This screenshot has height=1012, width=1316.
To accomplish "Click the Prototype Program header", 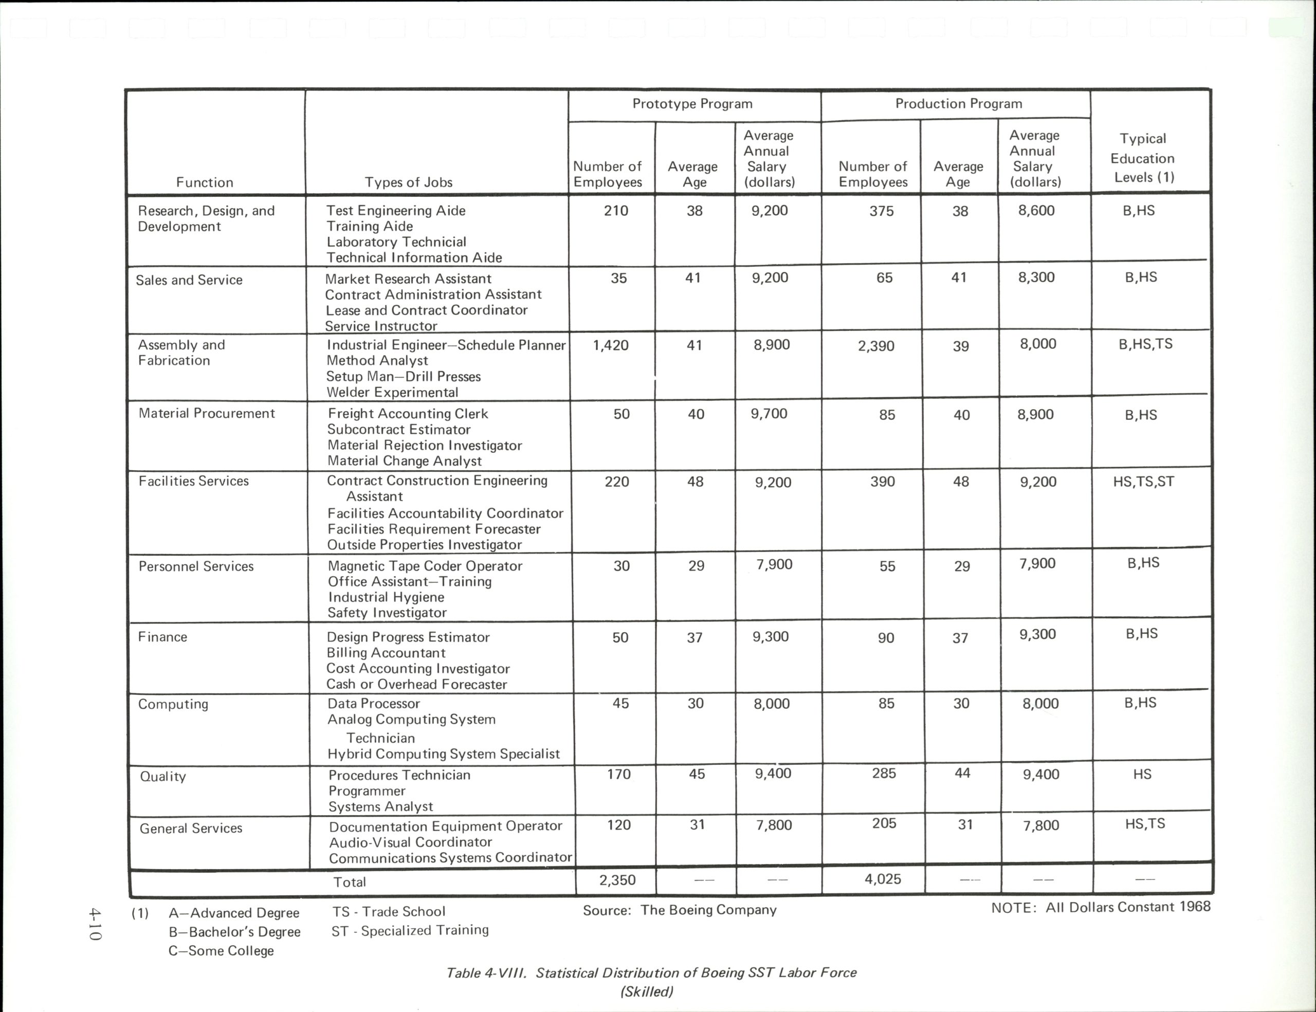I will (x=692, y=104).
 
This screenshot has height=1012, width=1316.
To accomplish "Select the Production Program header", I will (x=958, y=104).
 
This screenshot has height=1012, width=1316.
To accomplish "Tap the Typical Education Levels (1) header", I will (x=1143, y=158).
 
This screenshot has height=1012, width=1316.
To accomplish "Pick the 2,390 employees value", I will (x=875, y=346).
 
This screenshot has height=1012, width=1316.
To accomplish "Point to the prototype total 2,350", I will (x=617, y=880).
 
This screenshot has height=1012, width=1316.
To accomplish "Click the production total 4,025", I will (x=883, y=879).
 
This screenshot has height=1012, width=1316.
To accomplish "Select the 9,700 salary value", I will (x=769, y=414).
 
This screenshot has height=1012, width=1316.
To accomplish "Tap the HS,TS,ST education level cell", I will (x=1143, y=481).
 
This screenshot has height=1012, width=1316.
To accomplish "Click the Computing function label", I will (x=173, y=704).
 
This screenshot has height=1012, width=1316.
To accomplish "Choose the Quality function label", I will (x=162, y=777).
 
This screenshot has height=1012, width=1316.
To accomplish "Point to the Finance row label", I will (x=162, y=637).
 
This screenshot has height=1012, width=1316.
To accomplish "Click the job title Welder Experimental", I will (x=392, y=393).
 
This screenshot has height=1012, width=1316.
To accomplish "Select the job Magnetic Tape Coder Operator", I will (x=425, y=566).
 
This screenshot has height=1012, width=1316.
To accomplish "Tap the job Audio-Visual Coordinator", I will (x=410, y=842).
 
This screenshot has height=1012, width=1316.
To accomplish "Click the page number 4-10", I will (x=95, y=925).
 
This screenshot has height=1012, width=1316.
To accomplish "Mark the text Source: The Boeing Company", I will (x=679, y=910).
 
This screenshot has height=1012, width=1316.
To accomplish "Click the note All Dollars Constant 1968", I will (x=1100, y=907).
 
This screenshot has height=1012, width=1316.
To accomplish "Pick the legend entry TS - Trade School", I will (x=389, y=911).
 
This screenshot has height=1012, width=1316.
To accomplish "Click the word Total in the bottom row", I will (x=350, y=882).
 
